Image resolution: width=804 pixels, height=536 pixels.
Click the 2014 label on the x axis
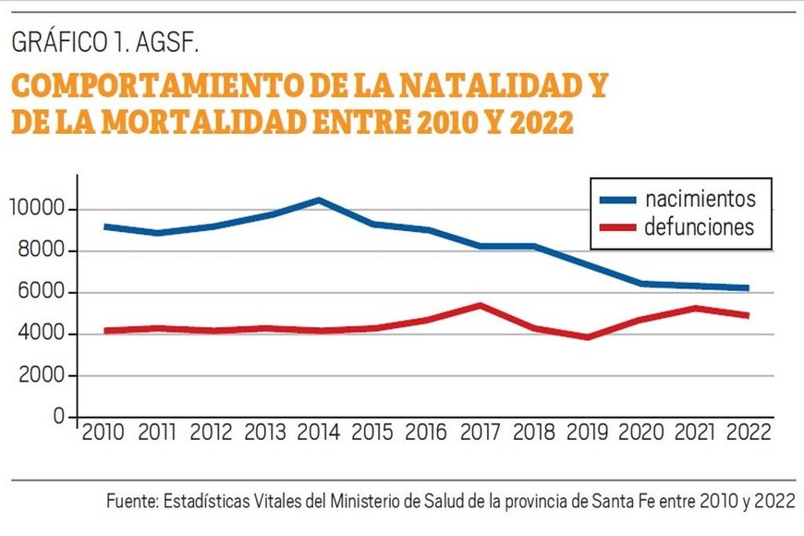pos(319,431)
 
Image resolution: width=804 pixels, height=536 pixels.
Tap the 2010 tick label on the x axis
pos(104,431)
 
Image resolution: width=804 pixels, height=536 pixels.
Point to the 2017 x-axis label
pos(480,431)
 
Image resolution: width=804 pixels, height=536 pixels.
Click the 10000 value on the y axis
pos(39,210)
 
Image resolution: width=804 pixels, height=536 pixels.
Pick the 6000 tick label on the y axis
pos(43,293)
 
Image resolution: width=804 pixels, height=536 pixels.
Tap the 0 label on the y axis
pos(58,418)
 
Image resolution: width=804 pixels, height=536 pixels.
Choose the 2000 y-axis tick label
pos(43,376)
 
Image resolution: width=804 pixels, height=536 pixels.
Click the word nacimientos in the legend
pos(700,199)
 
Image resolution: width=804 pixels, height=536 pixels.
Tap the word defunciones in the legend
pos(700,226)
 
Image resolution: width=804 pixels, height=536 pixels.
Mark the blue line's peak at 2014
pos(319,200)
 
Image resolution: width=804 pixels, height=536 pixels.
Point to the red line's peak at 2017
pos(480,305)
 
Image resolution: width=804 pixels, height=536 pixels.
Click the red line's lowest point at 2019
pos(587,336)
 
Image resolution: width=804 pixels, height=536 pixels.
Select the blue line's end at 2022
pos(747,288)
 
